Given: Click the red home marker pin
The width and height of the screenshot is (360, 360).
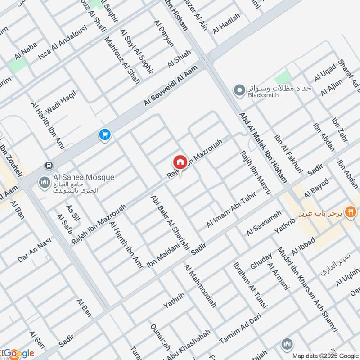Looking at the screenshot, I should point(180,162).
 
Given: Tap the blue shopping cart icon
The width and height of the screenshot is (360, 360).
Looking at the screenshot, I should point(105,134).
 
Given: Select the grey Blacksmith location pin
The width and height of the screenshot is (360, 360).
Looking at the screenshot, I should point(239,90).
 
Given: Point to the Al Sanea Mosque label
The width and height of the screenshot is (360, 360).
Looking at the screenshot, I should point(77,178).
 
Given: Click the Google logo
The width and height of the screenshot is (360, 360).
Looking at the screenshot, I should point(18,354).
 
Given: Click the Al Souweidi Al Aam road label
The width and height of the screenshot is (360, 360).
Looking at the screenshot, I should point(171,85).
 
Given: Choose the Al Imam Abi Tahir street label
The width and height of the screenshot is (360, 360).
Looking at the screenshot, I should point(231,210).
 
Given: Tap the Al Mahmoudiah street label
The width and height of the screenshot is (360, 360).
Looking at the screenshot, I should point(200,286).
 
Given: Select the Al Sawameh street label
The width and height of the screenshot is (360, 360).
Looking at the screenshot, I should point(264,223).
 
